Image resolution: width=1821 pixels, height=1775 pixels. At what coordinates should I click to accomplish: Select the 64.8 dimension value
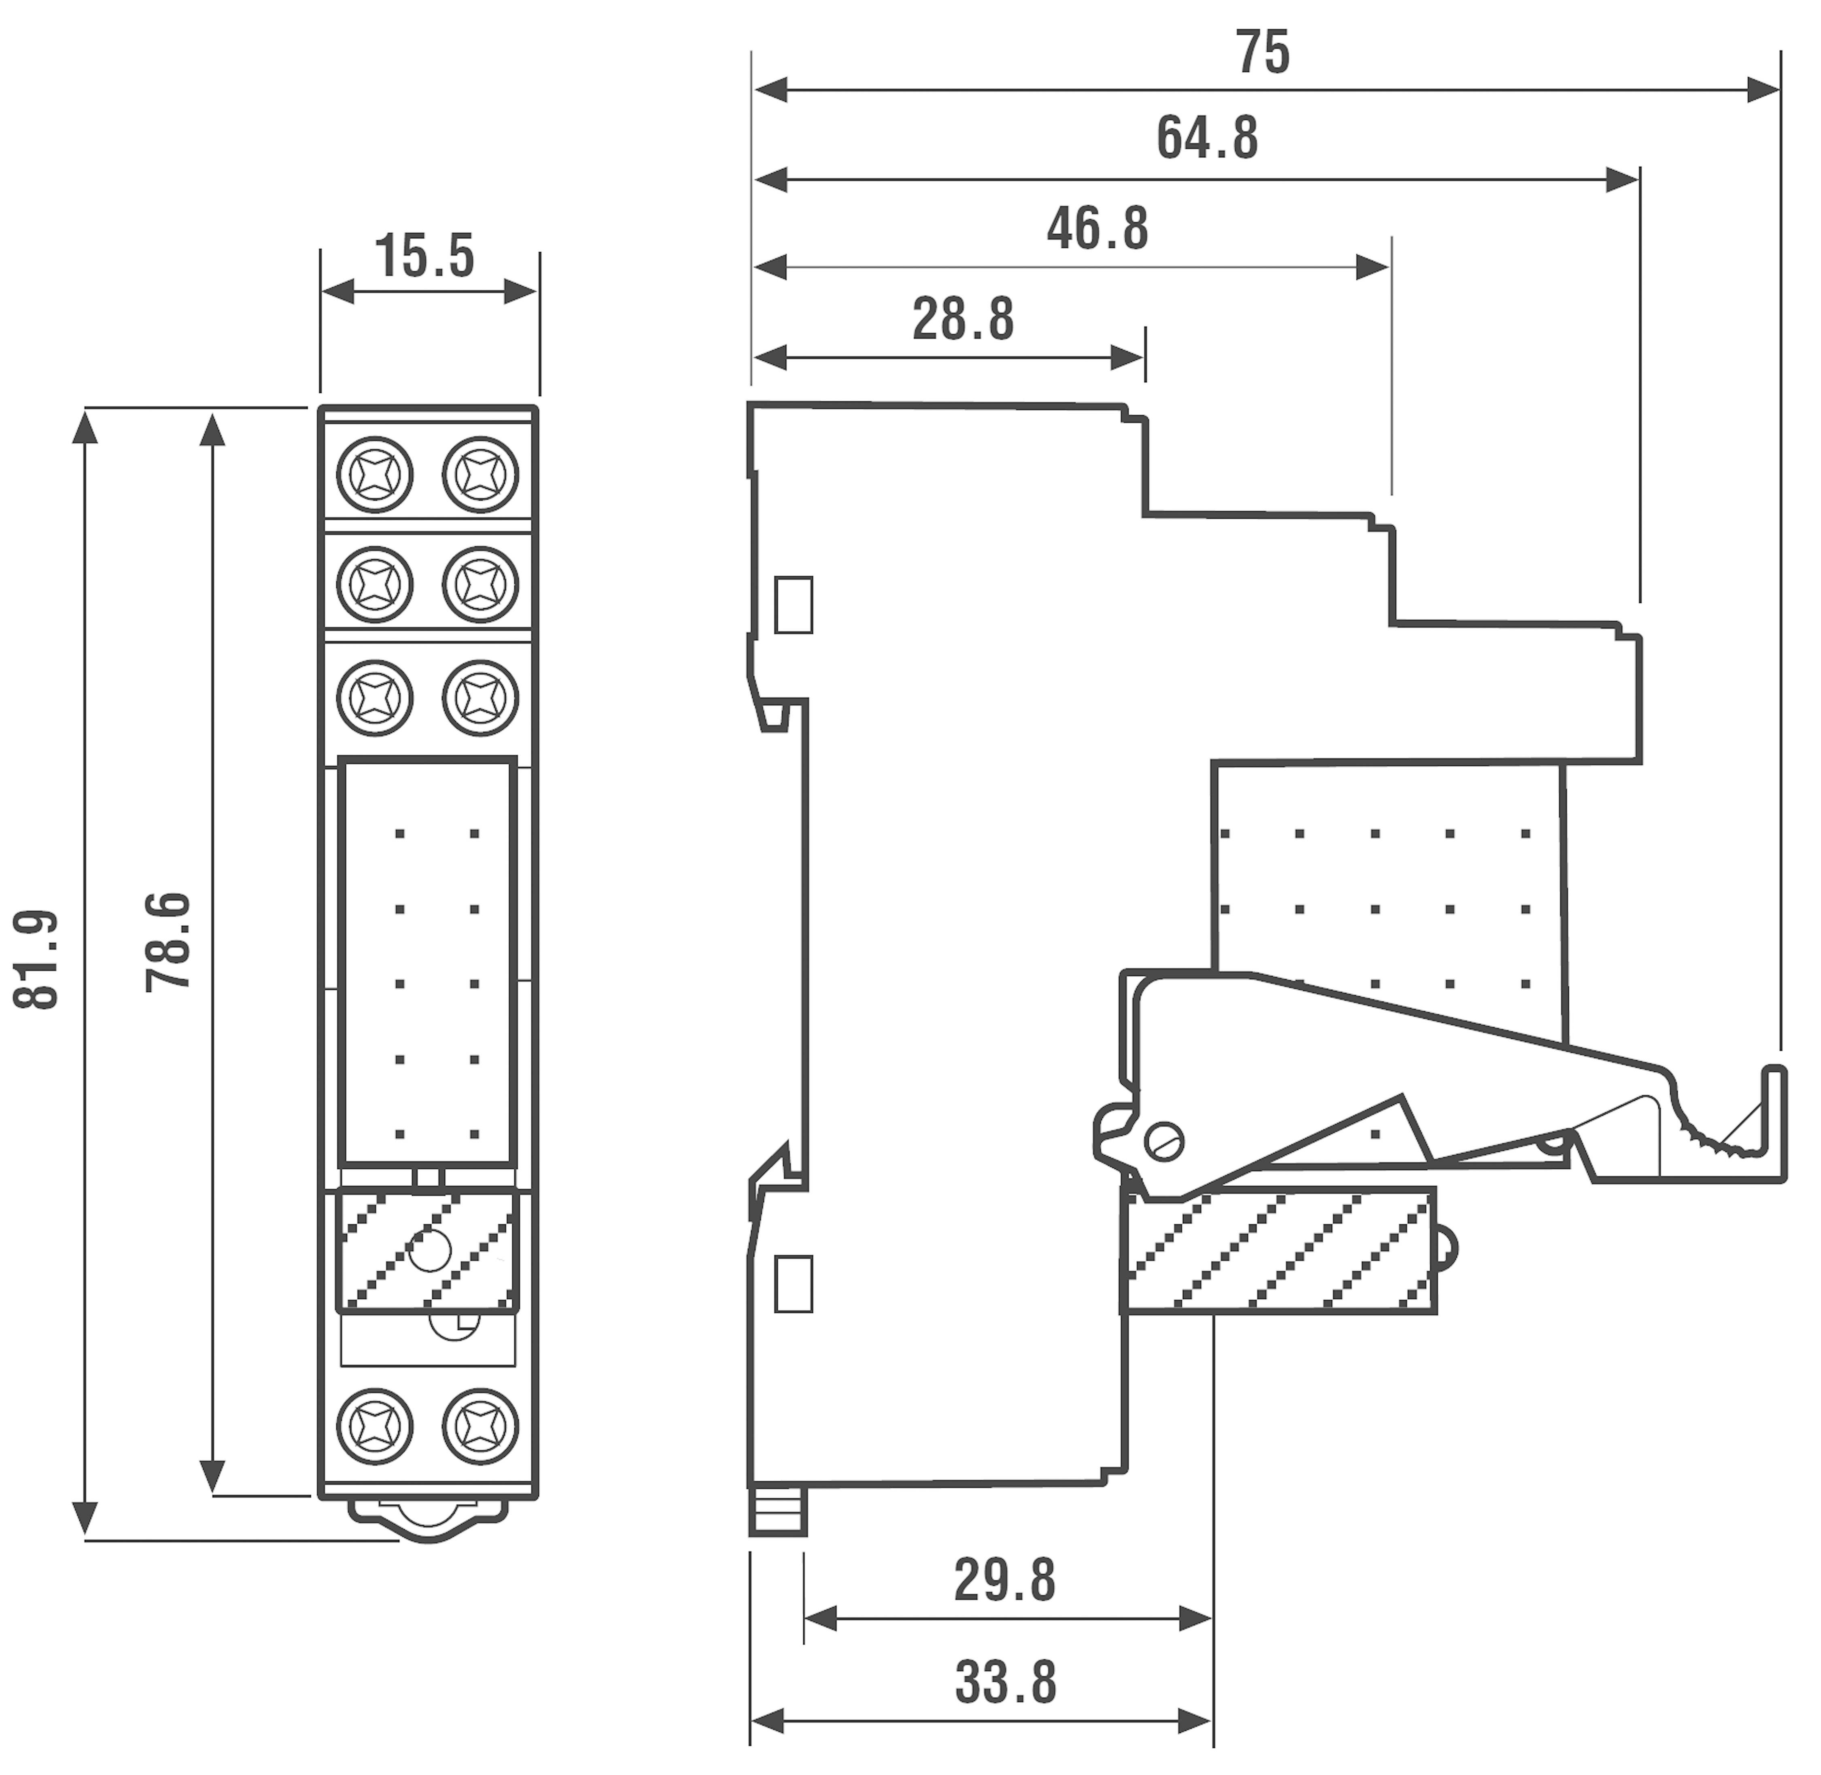tap(1208, 138)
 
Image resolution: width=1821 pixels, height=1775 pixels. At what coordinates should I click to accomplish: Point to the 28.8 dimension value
tap(963, 320)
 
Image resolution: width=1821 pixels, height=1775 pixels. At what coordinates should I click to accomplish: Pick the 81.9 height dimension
tap(37, 960)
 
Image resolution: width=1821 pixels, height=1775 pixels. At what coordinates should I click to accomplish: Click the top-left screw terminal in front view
tap(375, 475)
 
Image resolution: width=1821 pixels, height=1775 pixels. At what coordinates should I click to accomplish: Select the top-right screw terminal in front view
tap(480, 475)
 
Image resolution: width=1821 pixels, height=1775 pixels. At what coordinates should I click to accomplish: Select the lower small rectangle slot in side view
tap(794, 1284)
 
